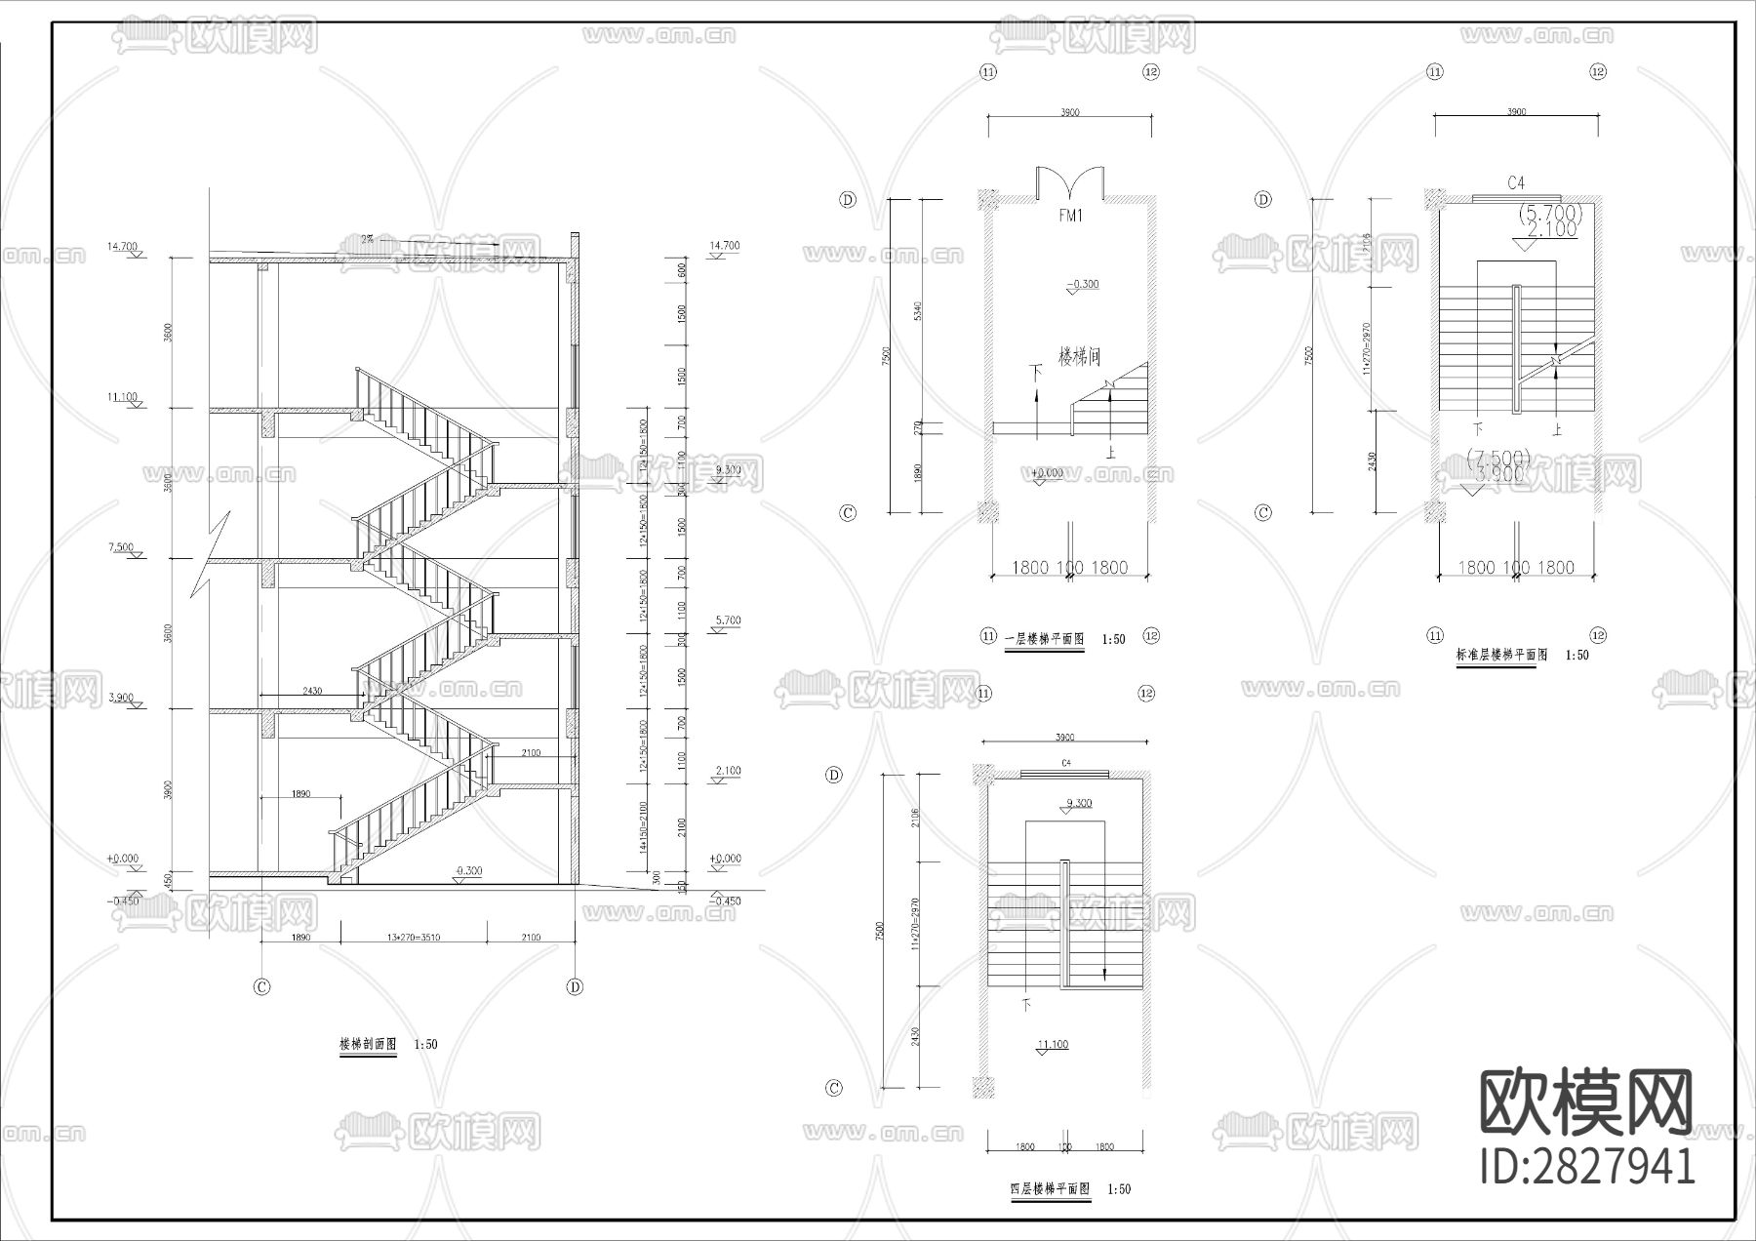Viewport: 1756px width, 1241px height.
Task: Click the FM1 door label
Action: pyautogui.click(x=1070, y=217)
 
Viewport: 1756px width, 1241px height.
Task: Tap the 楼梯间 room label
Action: pyautogui.click(x=1082, y=352)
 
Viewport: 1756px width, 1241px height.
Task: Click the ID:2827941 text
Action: pyautogui.click(x=1587, y=1166)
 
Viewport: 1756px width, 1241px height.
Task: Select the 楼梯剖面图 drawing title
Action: pyautogui.click(x=367, y=1044)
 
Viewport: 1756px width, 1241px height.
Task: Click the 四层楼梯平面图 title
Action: pyautogui.click(x=1050, y=1189)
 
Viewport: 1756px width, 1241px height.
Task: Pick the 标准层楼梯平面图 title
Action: pyautogui.click(x=1501, y=655)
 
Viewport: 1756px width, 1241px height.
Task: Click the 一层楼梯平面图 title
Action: pyautogui.click(x=1044, y=639)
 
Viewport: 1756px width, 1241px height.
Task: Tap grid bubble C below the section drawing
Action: pyautogui.click(x=261, y=986)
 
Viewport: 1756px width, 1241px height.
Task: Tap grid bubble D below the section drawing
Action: pyautogui.click(x=575, y=986)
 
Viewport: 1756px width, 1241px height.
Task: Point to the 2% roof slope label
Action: pyautogui.click(x=368, y=238)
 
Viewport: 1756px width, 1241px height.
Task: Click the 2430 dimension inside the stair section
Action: pyautogui.click(x=312, y=691)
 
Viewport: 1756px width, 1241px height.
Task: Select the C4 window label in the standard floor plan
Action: pyautogui.click(x=1515, y=182)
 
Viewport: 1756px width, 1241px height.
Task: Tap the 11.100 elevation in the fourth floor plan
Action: pyautogui.click(x=1054, y=1044)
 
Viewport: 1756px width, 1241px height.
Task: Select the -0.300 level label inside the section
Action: pyautogui.click(x=469, y=869)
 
